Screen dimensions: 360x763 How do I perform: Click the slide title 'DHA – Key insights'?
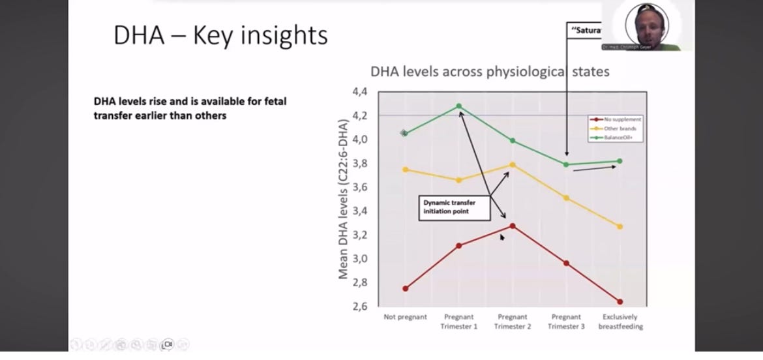pyautogui.click(x=220, y=35)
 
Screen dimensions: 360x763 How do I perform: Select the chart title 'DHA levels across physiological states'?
pyautogui.click(x=490, y=71)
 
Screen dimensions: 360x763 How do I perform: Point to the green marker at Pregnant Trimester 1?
pyautogui.click(x=459, y=106)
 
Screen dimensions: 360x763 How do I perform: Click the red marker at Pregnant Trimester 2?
pyautogui.click(x=513, y=226)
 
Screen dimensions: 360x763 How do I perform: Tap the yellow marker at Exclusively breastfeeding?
pyautogui.click(x=620, y=226)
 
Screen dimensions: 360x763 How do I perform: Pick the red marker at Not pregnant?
pyautogui.click(x=406, y=288)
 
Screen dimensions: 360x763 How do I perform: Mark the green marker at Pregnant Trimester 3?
pyautogui.click(x=566, y=164)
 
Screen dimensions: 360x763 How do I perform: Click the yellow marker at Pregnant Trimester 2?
pyautogui.click(x=513, y=164)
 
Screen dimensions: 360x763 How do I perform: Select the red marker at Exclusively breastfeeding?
pyautogui.click(x=620, y=301)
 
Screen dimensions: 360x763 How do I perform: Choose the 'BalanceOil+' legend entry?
pyautogui.click(x=617, y=137)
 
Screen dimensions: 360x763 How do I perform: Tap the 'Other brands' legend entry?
pyautogui.click(x=617, y=128)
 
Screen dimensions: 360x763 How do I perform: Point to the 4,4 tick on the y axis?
pyautogui.click(x=360, y=92)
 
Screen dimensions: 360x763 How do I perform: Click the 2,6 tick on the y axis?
pyautogui.click(x=360, y=307)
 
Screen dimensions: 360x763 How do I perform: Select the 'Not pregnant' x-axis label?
pyautogui.click(x=405, y=317)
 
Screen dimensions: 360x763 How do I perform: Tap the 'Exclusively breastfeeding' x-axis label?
pyautogui.click(x=620, y=322)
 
